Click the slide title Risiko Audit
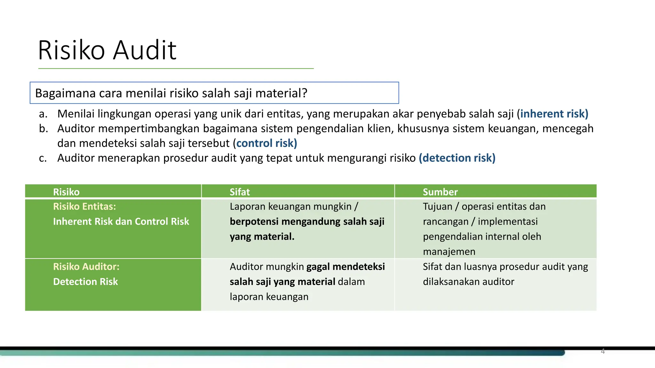[x=107, y=50]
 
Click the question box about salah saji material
[x=214, y=93]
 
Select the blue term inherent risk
[x=554, y=114]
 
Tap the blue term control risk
[x=266, y=143]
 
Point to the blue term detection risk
[x=457, y=158]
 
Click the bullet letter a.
[x=43, y=114]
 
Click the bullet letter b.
[x=43, y=128]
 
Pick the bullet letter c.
[x=43, y=158]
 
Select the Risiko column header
[x=66, y=192]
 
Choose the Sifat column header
[x=240, y=192]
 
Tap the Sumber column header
[x=440, y=192]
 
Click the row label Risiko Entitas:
[x=84, y=206]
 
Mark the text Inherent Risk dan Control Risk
[x=121, y=221]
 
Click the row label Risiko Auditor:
[x=86, y=266]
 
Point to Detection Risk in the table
[x=85, y=281]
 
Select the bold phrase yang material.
[x=262, y=236]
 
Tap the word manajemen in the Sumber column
[x=449, y=251]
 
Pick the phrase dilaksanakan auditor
[x=468, y=281]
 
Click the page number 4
[x=603, y=351]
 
